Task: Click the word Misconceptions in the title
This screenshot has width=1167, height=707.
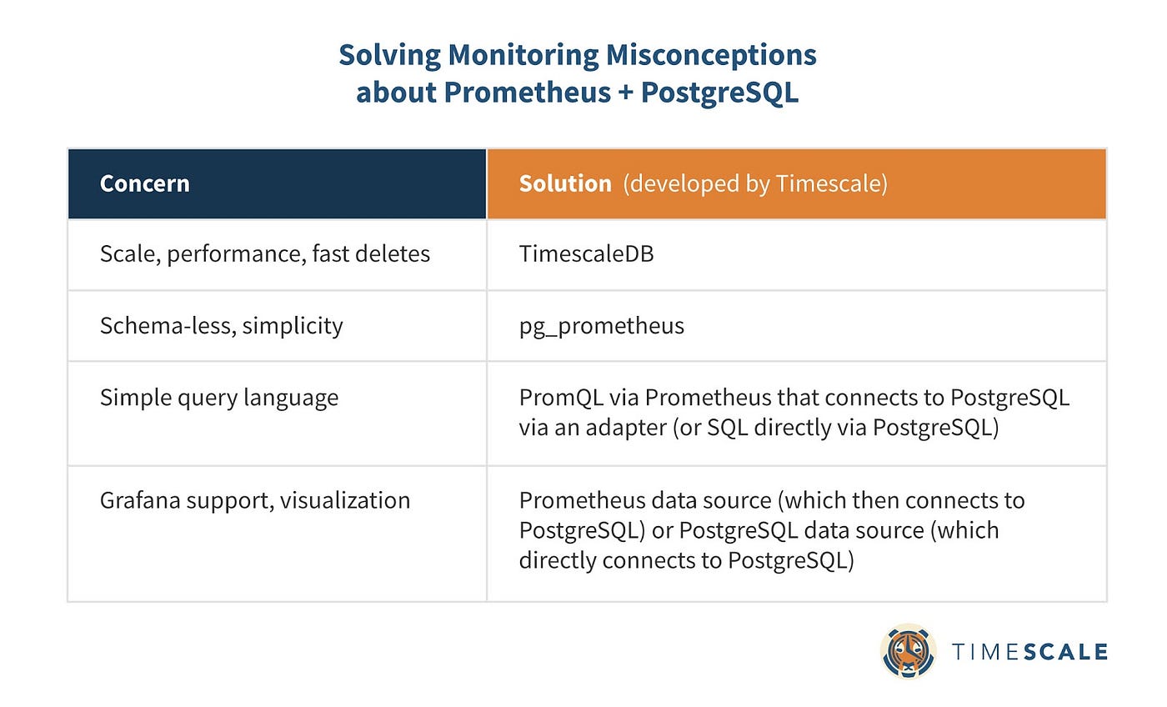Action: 711,56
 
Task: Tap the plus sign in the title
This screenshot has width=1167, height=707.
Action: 626,93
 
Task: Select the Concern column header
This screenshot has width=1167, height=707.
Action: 145,184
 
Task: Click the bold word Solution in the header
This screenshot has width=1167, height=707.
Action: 565,184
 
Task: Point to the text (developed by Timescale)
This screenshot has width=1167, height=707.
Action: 755,184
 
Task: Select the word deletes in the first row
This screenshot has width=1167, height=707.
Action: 393,254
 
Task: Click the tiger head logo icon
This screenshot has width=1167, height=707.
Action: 908,652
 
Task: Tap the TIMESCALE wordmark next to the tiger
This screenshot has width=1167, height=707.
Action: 1030,652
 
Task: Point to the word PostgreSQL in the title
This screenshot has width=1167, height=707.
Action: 720,93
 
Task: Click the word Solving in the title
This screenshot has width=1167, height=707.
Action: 390,56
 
